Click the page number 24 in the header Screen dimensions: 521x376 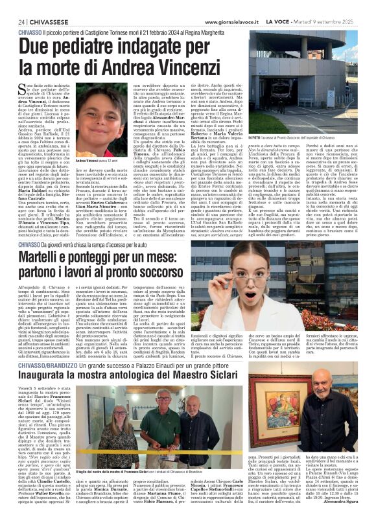pos(12,21)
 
